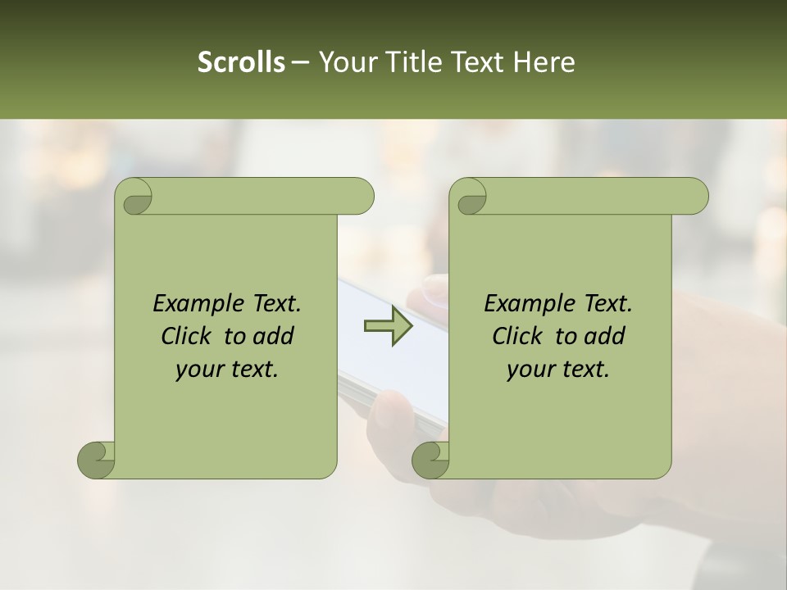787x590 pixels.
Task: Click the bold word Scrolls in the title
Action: tap(241, 62)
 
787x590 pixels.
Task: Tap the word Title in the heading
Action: tap(413, 62)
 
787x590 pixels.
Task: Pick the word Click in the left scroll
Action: tap(189, 336)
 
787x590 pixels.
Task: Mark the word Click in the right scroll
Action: tap(520, 336)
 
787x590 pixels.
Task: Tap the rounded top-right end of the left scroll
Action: tap(361, 197)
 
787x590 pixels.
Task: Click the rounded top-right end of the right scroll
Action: tap(695, 197)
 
